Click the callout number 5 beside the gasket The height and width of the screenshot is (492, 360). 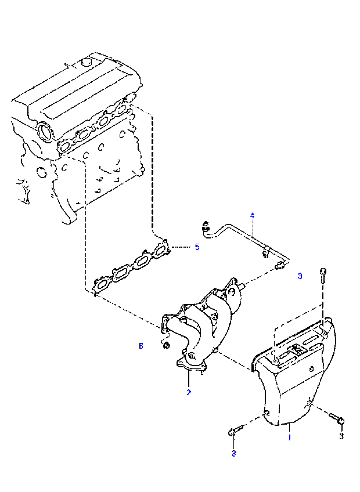(x=197, y=247)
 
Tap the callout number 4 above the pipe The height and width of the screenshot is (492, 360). (x=252, y=215)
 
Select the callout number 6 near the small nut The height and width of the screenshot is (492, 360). (x=141, y=346)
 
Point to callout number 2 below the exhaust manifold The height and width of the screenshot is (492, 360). (x=188, y=393)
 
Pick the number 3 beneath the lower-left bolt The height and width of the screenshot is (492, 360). (x=233, y=454)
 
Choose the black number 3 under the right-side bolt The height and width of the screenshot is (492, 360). (x=341, y=436)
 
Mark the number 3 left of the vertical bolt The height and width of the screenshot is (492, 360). (x=300, y=276)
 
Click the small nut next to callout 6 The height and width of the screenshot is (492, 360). (x=165, y=346)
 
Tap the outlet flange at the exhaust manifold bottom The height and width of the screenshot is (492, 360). (x=190, y=366)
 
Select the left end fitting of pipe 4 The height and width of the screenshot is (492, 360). (x=206, y=225)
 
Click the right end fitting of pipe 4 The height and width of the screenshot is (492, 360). (x=279, y=266)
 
